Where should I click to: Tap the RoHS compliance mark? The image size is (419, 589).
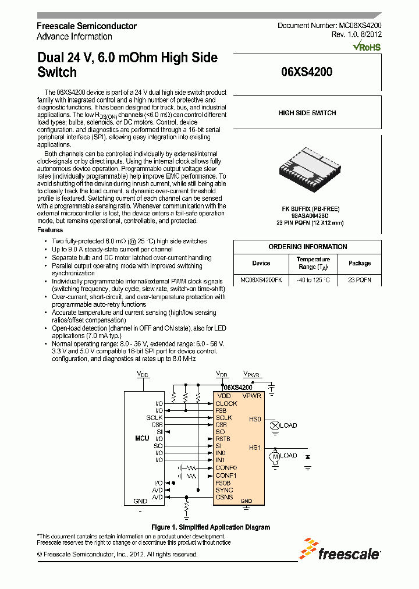tap(367, 46)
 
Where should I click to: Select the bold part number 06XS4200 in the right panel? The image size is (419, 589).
tap(307, 73)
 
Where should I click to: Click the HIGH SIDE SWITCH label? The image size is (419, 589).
tap(307, 113)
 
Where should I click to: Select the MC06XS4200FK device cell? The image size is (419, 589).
tap(261, 280)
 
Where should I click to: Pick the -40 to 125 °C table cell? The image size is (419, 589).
tap(313, 280)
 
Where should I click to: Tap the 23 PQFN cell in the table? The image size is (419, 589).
tap(359, 280)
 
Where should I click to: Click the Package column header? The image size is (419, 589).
tap(359, 263)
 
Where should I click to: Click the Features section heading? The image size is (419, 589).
tap(50, 230)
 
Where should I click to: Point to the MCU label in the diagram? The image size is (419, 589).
tap(142, 438)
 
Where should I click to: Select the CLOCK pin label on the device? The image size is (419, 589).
tap(226, 403)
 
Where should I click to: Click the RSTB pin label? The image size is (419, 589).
tap(223, 439)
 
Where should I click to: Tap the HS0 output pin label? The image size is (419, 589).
tap(255, 419)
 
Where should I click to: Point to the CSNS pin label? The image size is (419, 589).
tap(224, 497)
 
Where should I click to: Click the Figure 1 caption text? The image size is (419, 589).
tap(210, 527)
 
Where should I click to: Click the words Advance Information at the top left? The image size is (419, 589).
tap(74, 36)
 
